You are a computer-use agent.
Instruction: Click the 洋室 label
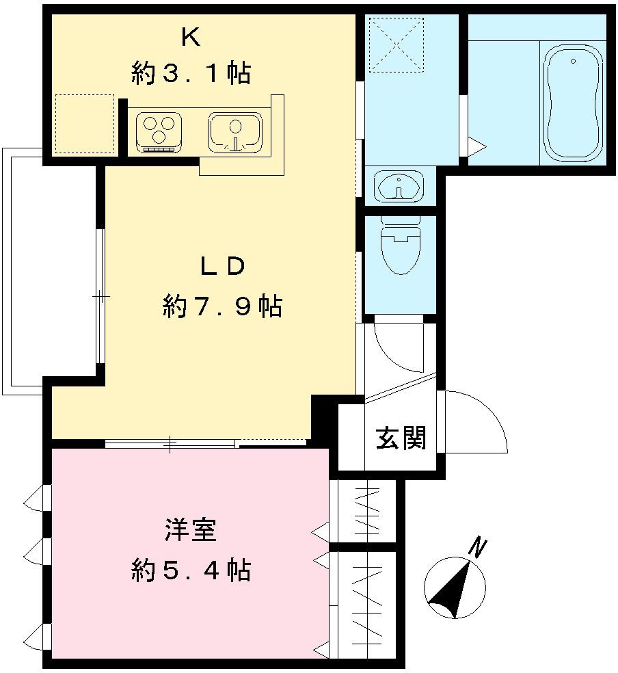click(190, 530)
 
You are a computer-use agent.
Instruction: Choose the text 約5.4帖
click(190, 569)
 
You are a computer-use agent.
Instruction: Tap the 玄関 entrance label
click(401, 438)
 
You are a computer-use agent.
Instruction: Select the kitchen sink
click(234, 131)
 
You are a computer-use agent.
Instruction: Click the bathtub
click(573, 103)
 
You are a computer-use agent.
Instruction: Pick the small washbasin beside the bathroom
click(399, 185)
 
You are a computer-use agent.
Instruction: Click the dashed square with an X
click(396, 44)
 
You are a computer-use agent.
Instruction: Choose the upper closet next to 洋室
click(368, 512)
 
